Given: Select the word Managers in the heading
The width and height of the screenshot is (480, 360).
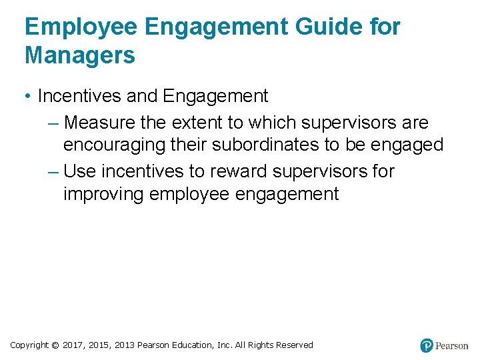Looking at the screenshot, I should click(x=80, y=55).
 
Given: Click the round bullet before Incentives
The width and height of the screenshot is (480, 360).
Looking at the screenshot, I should click(x=28, y=97).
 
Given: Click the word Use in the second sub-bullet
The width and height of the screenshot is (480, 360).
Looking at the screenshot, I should click(x=80, y=171).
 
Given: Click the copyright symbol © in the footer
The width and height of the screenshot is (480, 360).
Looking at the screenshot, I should click(x=55, y=345).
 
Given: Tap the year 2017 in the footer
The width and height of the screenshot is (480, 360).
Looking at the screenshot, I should click(x=73, y=345).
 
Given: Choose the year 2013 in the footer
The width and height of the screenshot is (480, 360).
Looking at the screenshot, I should click(x=124, y=345).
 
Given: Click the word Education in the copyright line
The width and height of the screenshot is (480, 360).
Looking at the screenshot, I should click(x=192, y=345).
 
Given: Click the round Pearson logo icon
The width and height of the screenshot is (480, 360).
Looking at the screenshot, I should click(x=427, y=345).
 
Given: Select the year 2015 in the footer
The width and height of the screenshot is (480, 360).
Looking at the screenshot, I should click(x=99, y=345).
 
